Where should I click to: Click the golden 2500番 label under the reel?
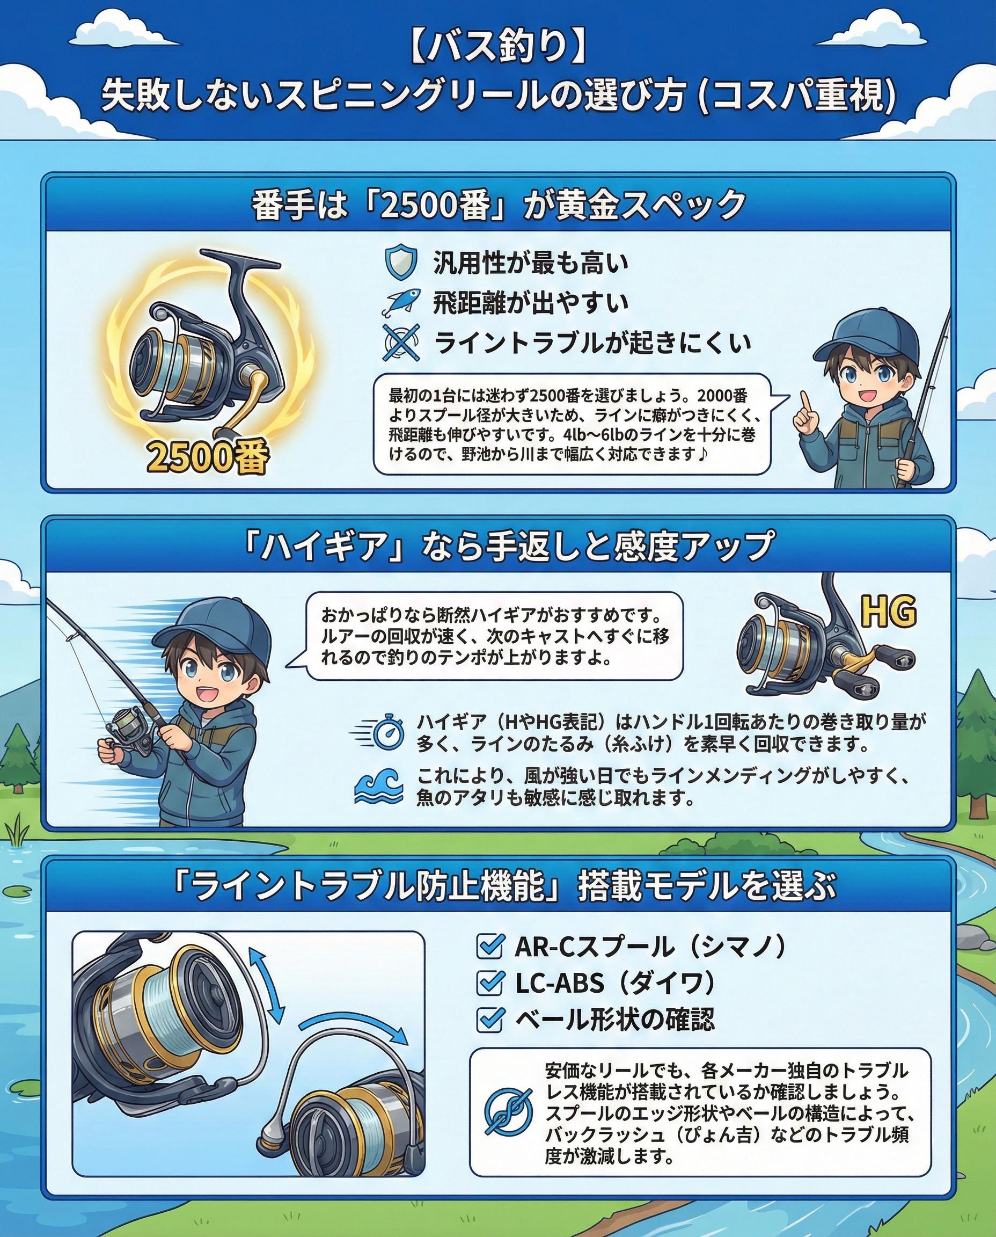pyautogui.click(x=208, y=457)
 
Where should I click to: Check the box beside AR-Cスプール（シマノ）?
pyautogui.click(x=490, y=947)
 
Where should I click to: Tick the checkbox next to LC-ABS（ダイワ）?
pyautogui.click(x=490, y=983)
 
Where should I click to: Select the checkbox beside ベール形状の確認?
pyautogui.click(x=490, y=1020)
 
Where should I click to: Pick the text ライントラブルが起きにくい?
pyautogui.click(x=592, y=343)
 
